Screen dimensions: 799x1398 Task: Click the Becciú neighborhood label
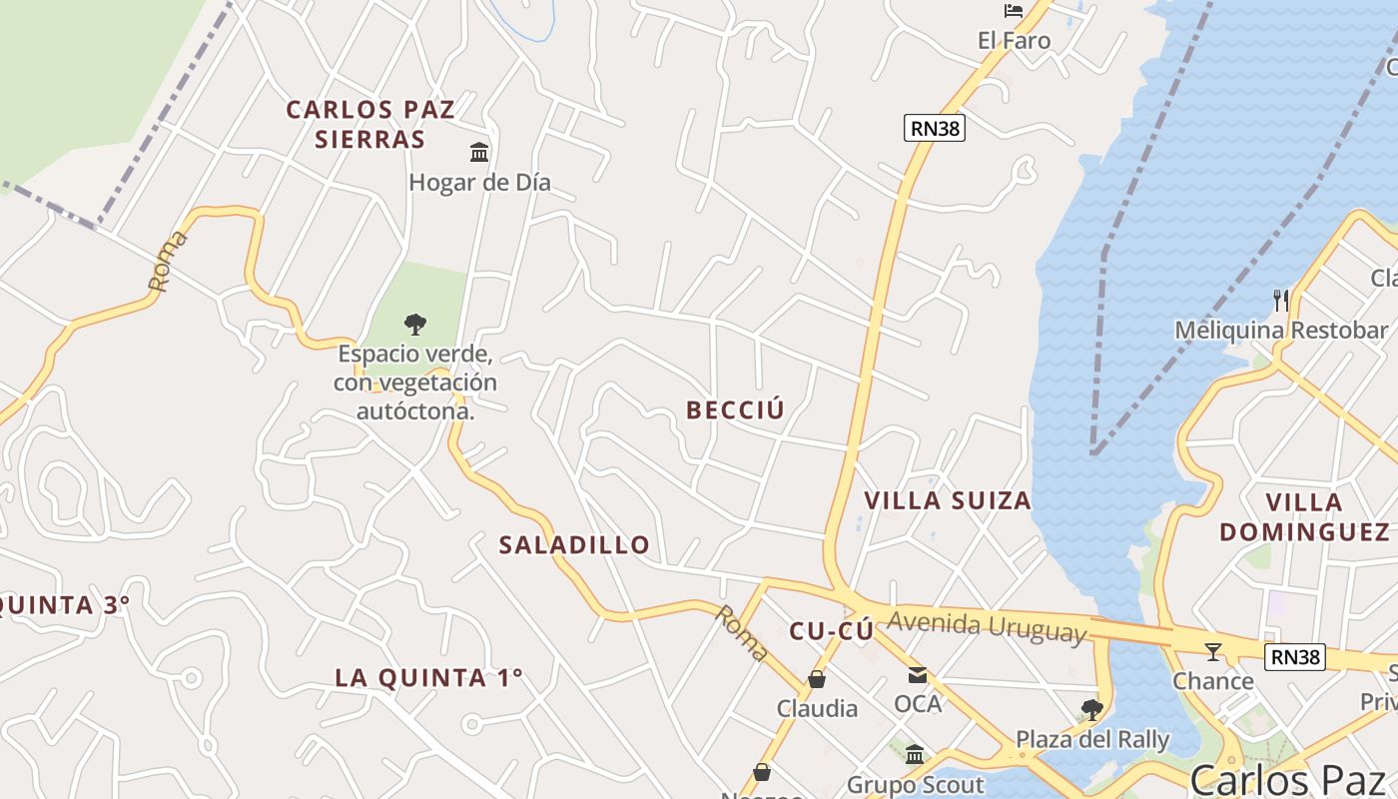click(735, 409)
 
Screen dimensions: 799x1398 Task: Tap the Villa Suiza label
click(947, 500)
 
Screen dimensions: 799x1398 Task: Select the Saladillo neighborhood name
click(574, 544)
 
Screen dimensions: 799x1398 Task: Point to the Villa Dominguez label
click(1304, 516)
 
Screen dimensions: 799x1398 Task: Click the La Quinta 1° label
click(428, 677)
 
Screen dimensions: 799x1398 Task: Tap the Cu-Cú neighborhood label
click(831, 631)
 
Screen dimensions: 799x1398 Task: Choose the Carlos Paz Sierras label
click(370, 124)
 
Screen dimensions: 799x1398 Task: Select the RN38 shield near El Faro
click(935, 128)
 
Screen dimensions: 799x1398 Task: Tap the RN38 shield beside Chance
click(1295, 657)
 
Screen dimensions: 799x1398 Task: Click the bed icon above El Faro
click(1014, 11)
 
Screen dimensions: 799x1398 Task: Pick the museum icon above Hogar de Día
click(479, 153)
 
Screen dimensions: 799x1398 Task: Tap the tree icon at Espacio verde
click(414, 324)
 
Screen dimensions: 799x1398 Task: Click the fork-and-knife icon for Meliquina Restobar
click(1281, 300)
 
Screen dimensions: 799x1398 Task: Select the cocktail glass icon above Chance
click(1213, 652)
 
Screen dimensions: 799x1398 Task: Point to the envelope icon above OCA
click(918, 675)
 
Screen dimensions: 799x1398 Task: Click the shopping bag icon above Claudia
click(817, 680)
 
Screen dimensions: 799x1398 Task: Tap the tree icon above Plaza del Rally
click(1092, 710)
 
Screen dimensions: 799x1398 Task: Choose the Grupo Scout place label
click(915, 785)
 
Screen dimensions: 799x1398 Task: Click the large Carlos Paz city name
click(1287, 779)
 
